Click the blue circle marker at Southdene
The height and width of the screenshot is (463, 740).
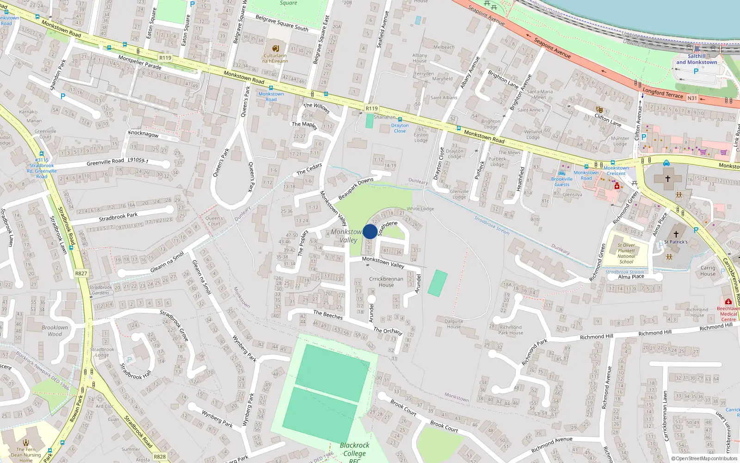coord(370,231)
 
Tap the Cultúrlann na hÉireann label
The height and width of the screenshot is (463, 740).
coord(275,58)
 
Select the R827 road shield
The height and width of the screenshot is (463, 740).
coord(81,273)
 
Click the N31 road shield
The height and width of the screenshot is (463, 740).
coord(692,98)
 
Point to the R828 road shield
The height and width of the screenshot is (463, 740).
coord(160,457)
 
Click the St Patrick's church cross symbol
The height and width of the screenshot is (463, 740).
coord(676,234)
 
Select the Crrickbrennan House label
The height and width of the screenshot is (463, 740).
coord(386,282)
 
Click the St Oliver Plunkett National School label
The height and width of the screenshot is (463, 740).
coord(626,253)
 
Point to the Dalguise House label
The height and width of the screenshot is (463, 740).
coord(454,324)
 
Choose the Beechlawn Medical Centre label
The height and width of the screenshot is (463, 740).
coord(728,314)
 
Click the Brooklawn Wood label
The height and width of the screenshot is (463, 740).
coord(55,331)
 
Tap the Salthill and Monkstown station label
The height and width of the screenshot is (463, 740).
coord(697,59)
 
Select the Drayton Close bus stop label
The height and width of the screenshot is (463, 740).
coord(400,128)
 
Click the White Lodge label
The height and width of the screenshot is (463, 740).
coord(420,209)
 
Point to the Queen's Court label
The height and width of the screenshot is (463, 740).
coord(214,221)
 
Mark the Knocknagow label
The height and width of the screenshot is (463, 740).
coord(143,134)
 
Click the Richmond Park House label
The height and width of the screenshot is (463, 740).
coord(511,330)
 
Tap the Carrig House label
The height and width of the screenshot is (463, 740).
coord(708,271)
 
